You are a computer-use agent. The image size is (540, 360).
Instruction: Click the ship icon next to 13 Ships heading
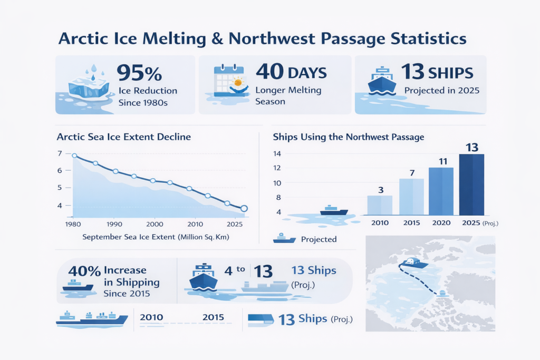[382, 79]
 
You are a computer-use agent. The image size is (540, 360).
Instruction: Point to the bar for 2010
[380, 205]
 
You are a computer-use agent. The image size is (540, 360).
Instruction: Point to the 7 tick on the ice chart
[60, 153]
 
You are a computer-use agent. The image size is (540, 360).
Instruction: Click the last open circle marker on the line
[244, 209]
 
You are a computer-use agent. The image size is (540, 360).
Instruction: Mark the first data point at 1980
[74, 155]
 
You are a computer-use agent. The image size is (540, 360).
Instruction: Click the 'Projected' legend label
[319, 239]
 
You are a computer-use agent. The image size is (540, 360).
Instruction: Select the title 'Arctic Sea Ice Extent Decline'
[123, 137]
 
